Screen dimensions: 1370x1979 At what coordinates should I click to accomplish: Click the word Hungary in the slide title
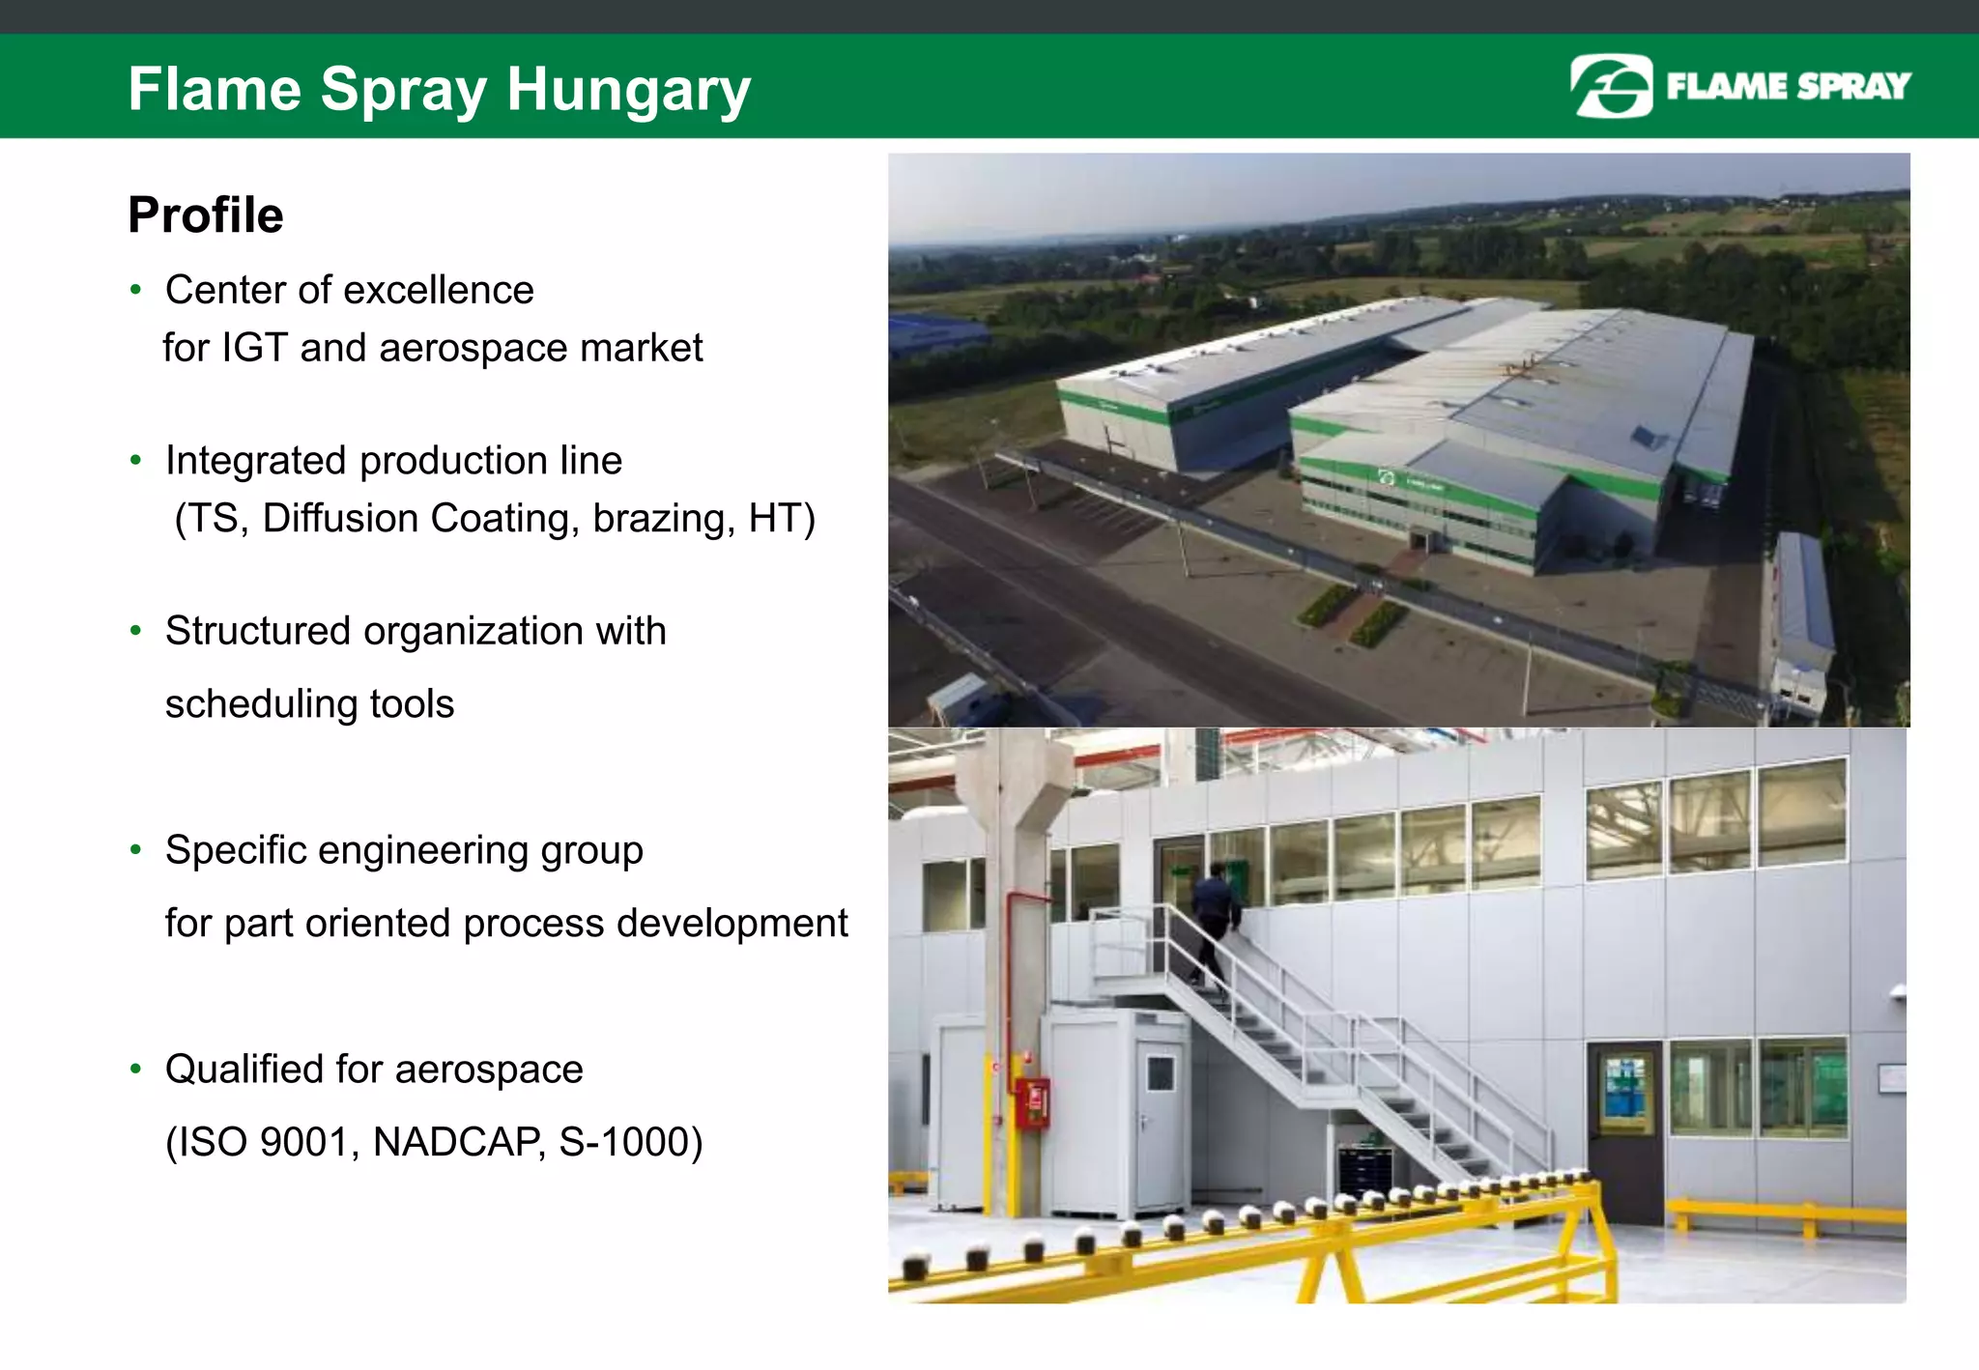coord(628,91)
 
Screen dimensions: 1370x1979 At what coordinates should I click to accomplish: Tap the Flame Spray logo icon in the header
coord(1611,86)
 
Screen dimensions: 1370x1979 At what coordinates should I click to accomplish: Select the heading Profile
coord(206,214)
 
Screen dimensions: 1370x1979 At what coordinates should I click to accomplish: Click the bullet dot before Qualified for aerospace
coord(136,1069)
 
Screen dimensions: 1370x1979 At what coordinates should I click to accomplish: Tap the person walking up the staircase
coord(1214,918)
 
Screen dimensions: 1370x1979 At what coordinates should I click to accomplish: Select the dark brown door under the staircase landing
coord(1625,1130)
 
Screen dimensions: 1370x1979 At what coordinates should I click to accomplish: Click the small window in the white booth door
coord(1160,1073)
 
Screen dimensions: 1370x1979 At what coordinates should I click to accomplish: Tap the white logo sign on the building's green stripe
coord(1387,477)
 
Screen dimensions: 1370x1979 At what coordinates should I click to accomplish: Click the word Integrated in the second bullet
coord(254,461)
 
